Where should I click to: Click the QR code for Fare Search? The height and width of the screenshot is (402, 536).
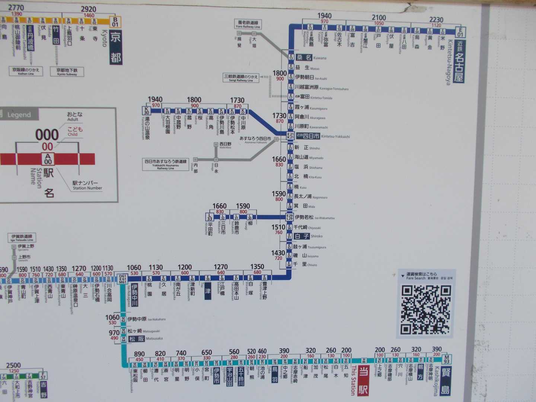click(x=425, y=310)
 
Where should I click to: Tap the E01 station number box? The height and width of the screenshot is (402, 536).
click(x=460, y=32)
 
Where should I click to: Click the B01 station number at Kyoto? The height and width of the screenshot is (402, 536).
click(x=115, y=22)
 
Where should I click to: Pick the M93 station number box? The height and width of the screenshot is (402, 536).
click(x=446, y=359)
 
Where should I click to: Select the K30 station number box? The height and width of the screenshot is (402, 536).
click(x=146, y=111)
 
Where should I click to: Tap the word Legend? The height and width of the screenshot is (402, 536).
click(x=19, y=115)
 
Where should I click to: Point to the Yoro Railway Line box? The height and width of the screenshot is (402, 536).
click(x=248, y=24)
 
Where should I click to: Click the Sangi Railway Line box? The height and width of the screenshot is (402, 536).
click(x=240, y=78)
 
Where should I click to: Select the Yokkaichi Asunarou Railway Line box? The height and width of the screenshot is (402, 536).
click(x=166, y=164)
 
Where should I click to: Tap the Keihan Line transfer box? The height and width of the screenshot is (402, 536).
click(x=26, y=71)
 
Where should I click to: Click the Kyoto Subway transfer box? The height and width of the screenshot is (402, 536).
click(x=67, y=71)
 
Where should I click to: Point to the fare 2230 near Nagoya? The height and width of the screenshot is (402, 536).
click(x=436, y=20)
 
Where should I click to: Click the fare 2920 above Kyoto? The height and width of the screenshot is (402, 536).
click(x=89, y=9)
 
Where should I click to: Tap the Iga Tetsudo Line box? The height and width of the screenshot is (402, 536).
click(x=22, y=237)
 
